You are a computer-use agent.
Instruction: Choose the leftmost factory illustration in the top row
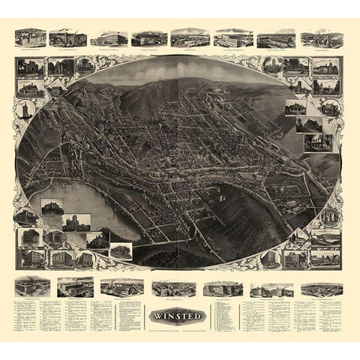click(30, 38)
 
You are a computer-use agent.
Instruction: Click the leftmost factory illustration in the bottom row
click(31, 286)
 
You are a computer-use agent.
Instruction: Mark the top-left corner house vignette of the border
click(29, 68)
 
